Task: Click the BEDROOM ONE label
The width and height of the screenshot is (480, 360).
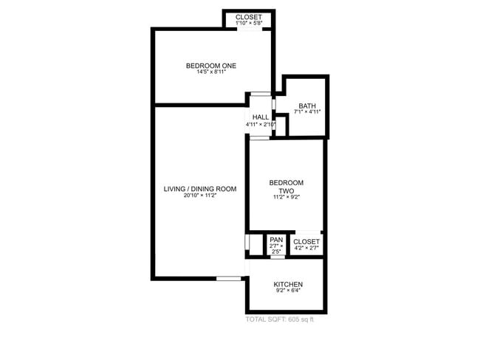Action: click(x=211, y=66)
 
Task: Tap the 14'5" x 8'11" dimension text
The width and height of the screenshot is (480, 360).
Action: click(x=211, y=72)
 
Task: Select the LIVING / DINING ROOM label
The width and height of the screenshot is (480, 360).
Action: click(x=200, y=190)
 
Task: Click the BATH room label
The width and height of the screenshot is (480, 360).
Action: click(x=306, y=105)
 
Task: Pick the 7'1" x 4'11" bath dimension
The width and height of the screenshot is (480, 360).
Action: click(x=306, y=113)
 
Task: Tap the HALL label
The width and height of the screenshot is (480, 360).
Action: click(x=261, y=117)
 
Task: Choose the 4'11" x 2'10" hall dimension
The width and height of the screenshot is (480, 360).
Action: click(x=261, y=125)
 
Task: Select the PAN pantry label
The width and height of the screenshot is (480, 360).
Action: click(x=276, y=240)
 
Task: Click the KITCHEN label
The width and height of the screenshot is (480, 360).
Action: click(x=288, y=285)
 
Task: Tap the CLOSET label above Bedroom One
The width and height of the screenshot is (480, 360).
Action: click(x=248, y=17)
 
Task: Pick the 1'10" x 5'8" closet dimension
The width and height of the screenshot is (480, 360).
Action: click(x=248, y=24)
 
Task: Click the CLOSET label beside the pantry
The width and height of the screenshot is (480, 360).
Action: click(x=306, y=241)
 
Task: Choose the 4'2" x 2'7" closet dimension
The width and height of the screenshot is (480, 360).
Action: click(x=306, y=249)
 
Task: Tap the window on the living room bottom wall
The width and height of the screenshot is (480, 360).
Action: click(x=229, y=278)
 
